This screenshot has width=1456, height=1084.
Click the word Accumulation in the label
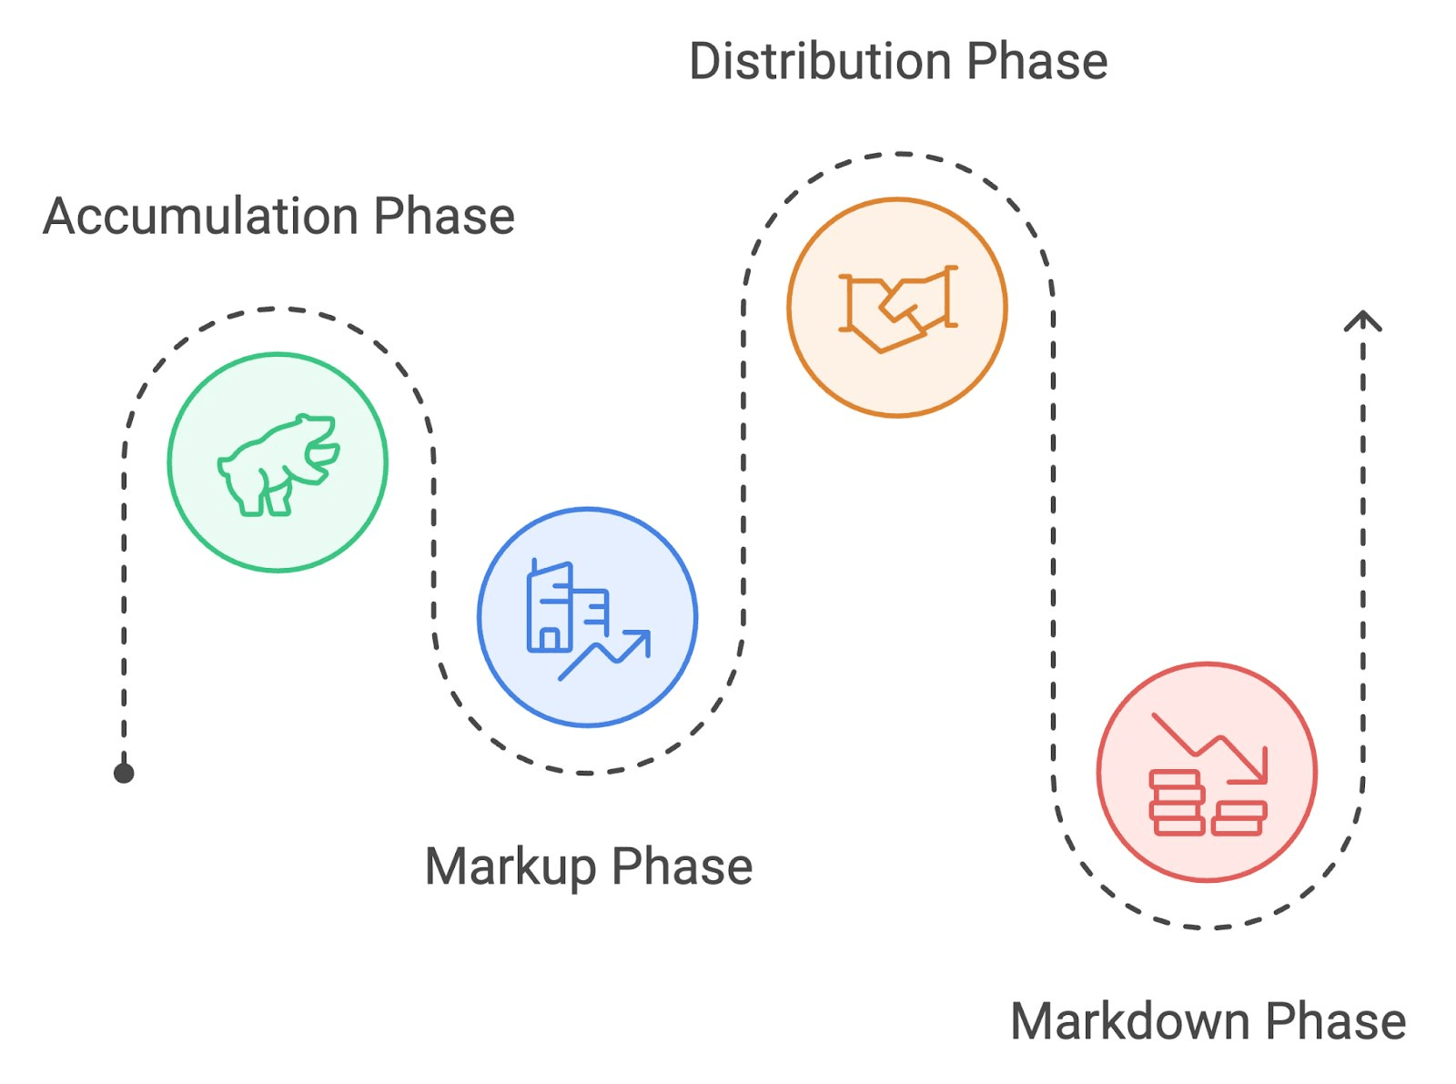coord(201,216)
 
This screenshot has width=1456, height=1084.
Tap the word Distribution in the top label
coord(820,61)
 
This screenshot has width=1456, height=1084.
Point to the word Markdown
coord(1129,1021)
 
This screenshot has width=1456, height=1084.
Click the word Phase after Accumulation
coord(444,216)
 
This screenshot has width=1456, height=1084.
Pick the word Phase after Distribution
coord(1037,61)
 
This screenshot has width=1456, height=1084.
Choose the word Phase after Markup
coord(682,866)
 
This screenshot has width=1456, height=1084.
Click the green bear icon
coord(278,464)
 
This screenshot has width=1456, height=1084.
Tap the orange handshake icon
coord(898,309)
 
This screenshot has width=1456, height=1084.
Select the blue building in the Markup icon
coord(567,607)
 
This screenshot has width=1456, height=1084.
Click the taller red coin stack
coord(1177,803)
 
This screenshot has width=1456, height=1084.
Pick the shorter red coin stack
coord(1239,818)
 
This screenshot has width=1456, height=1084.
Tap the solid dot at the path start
coord(124,774)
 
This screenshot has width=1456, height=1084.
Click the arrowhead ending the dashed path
coord(1363,320)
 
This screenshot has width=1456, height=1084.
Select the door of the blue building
coord(550,640)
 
